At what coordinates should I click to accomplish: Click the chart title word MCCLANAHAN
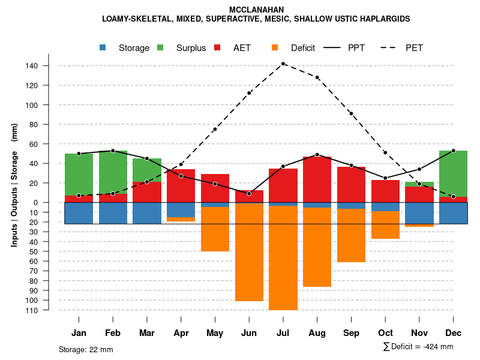pos(256,10)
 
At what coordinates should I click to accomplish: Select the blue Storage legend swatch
pos(104,47)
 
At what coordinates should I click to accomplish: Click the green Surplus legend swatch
pos(161,47)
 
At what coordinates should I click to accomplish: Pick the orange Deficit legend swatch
pos(275,47)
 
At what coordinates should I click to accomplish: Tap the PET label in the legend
pos(414,48)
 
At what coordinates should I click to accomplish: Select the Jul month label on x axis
pos(283,333)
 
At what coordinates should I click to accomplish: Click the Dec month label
pos(453,333)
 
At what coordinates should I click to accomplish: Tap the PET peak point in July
pos(283,64)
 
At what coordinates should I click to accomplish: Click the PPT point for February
pos(113,151)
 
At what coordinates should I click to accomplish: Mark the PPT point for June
pos(249,193)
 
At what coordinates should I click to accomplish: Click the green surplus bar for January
pos(79,174)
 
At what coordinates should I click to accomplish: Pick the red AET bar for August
pos(317,180)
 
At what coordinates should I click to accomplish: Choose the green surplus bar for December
pos(453,173)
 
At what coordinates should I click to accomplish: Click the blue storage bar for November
pos(419,213)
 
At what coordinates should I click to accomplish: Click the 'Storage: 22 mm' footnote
pos(86,349)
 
